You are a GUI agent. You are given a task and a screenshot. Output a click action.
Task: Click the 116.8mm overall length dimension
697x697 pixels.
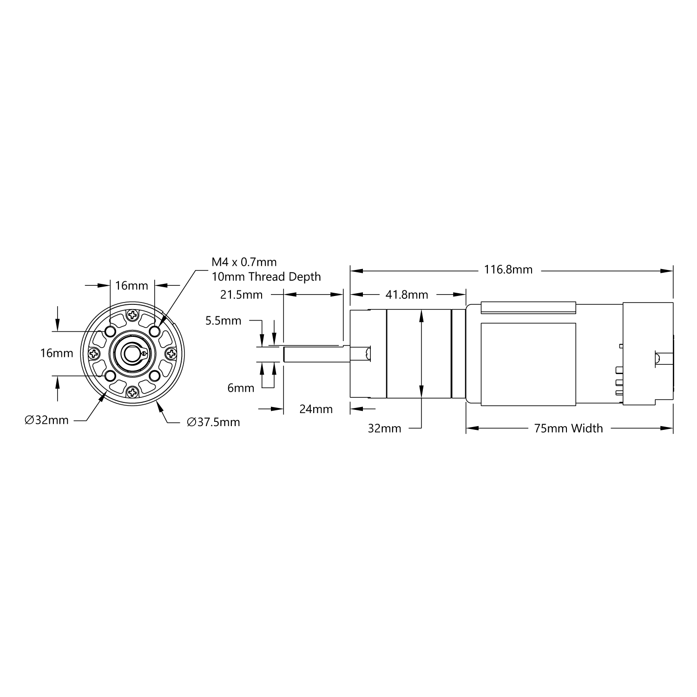[x=508, y=270]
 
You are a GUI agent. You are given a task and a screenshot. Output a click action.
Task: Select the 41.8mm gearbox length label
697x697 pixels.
[x=407, y=295]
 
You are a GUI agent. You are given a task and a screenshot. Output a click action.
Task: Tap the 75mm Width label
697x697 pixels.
[x=568, y=428]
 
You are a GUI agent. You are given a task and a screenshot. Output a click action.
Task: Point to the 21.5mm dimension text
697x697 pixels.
[x=241, y=295]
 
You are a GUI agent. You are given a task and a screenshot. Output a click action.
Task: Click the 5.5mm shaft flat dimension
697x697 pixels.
[x=224, y=321]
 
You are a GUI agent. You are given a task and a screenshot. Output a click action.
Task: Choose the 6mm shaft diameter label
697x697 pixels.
[x=241, y=388]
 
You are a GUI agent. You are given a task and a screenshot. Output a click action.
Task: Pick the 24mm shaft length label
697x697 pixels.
[x=316, y=409]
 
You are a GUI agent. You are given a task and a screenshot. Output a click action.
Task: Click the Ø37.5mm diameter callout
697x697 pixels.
[x=213, y=422]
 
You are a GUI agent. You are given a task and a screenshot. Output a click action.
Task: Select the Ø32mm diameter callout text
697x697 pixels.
[x=46, y=421]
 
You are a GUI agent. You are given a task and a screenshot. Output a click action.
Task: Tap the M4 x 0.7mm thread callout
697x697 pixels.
[x=244, y=262]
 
